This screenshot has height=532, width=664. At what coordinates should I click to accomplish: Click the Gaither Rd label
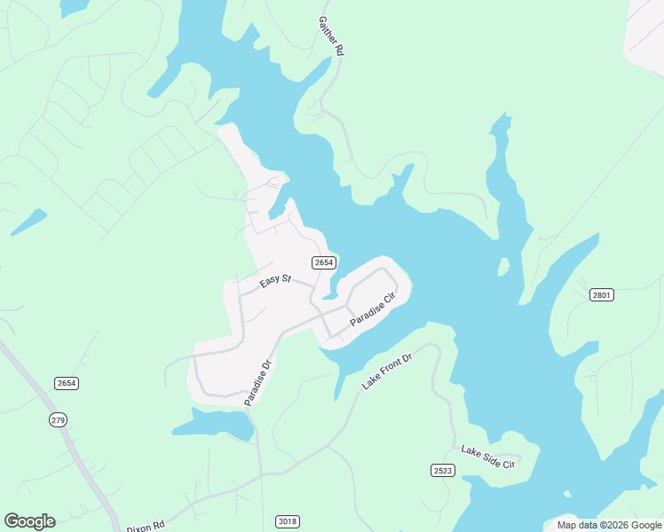coord(330,35)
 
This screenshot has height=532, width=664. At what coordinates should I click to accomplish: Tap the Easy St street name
coord(275,280)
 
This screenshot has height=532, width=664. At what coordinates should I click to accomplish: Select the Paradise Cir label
coord(373,309)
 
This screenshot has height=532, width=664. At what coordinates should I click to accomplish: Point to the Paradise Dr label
coord(257,382)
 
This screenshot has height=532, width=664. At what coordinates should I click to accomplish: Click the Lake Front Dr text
coord(388,372)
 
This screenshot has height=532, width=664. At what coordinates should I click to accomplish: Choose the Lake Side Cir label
coord(487,458)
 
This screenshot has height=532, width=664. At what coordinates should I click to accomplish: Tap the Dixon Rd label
coord(146,525)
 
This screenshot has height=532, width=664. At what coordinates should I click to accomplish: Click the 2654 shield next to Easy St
coord(323,262)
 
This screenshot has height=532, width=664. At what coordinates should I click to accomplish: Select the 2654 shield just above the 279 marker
coord(66,383)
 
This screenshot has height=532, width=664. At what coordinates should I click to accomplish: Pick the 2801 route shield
coord(602,294)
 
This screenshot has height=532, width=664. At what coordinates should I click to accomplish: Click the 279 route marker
coord(59,419)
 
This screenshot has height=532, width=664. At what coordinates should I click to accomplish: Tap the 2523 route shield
coord(443,470)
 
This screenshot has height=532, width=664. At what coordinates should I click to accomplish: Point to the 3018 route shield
coord(287,520)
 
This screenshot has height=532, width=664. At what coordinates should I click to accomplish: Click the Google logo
coord(29,521)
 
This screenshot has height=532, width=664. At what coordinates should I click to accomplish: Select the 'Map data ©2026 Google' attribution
coord(609,525)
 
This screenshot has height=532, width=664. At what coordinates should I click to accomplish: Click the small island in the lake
coord(502,266)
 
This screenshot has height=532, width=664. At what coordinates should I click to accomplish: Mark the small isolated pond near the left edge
coord(28,222)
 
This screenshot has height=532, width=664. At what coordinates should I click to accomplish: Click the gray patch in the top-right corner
coord(646,35)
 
